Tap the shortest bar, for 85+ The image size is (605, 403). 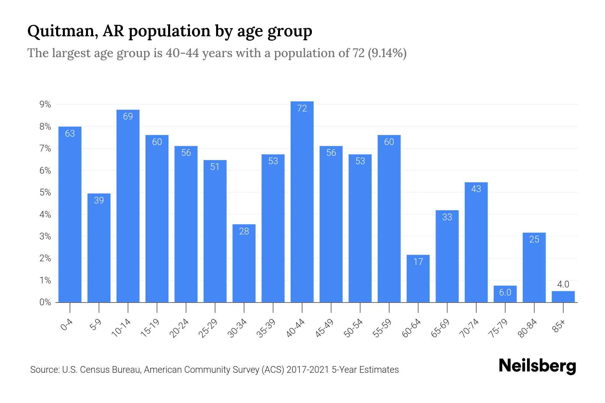click(563, 297)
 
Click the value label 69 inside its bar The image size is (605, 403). click(128, 117)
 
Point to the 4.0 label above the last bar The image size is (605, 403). click(563, 284)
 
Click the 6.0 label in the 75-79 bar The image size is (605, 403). click(505, 293)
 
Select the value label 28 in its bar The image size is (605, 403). click(244, 231)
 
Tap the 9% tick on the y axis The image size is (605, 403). click(45, 105)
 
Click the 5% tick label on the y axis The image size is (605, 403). click(45, 193)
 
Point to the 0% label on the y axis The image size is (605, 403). click(45, 302)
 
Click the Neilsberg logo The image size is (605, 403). click(537, 366)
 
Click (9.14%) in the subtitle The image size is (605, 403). click(387, 53)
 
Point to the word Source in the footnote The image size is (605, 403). click(44, 370)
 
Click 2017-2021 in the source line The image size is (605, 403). click(308, 370)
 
